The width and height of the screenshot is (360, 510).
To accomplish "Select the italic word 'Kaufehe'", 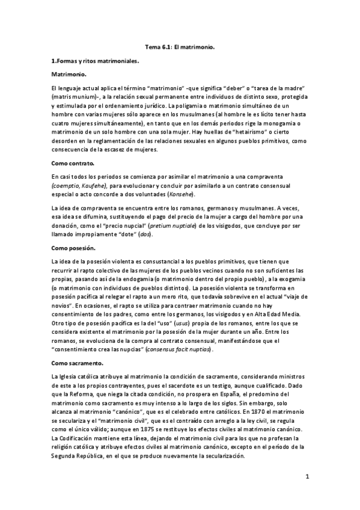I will (x=92, y=186).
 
